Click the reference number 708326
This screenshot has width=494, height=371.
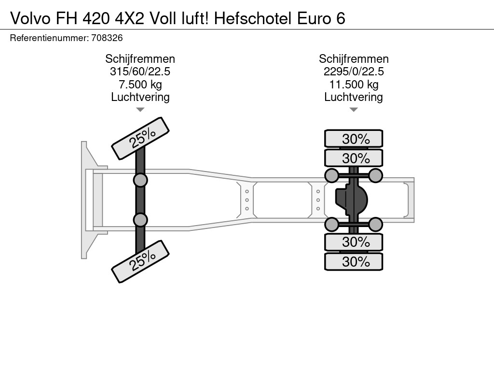coord(107,38)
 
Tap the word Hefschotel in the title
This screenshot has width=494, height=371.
coord(253,19)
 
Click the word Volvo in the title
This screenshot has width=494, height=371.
coord(30,19)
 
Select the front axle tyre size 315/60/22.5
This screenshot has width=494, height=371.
coord(140,71)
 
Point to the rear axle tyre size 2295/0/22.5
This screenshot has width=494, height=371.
coord(354,71)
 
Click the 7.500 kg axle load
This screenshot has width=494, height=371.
coord(140,85)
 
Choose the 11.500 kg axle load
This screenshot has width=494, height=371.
coord(354,85)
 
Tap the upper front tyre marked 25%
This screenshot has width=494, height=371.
coord(140,139)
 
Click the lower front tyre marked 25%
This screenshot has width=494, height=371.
coord(140,261)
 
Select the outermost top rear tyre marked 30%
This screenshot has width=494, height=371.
coord(354,139)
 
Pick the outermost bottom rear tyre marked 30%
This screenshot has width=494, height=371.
coord(354,261)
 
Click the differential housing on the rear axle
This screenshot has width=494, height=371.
coord(351,200)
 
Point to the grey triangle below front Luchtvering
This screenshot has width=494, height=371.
coord(140,110)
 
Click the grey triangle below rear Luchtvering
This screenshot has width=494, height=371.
coord(354,110)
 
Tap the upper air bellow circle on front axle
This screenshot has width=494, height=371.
coord(140,181)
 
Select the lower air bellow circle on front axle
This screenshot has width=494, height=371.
coord(140,220)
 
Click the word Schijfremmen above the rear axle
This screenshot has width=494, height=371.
coord(354,59)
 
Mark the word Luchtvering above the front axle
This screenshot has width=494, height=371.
coord(140,97)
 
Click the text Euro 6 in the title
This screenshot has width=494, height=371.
coord(321,19)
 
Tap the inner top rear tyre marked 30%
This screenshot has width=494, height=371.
coord(354,158)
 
